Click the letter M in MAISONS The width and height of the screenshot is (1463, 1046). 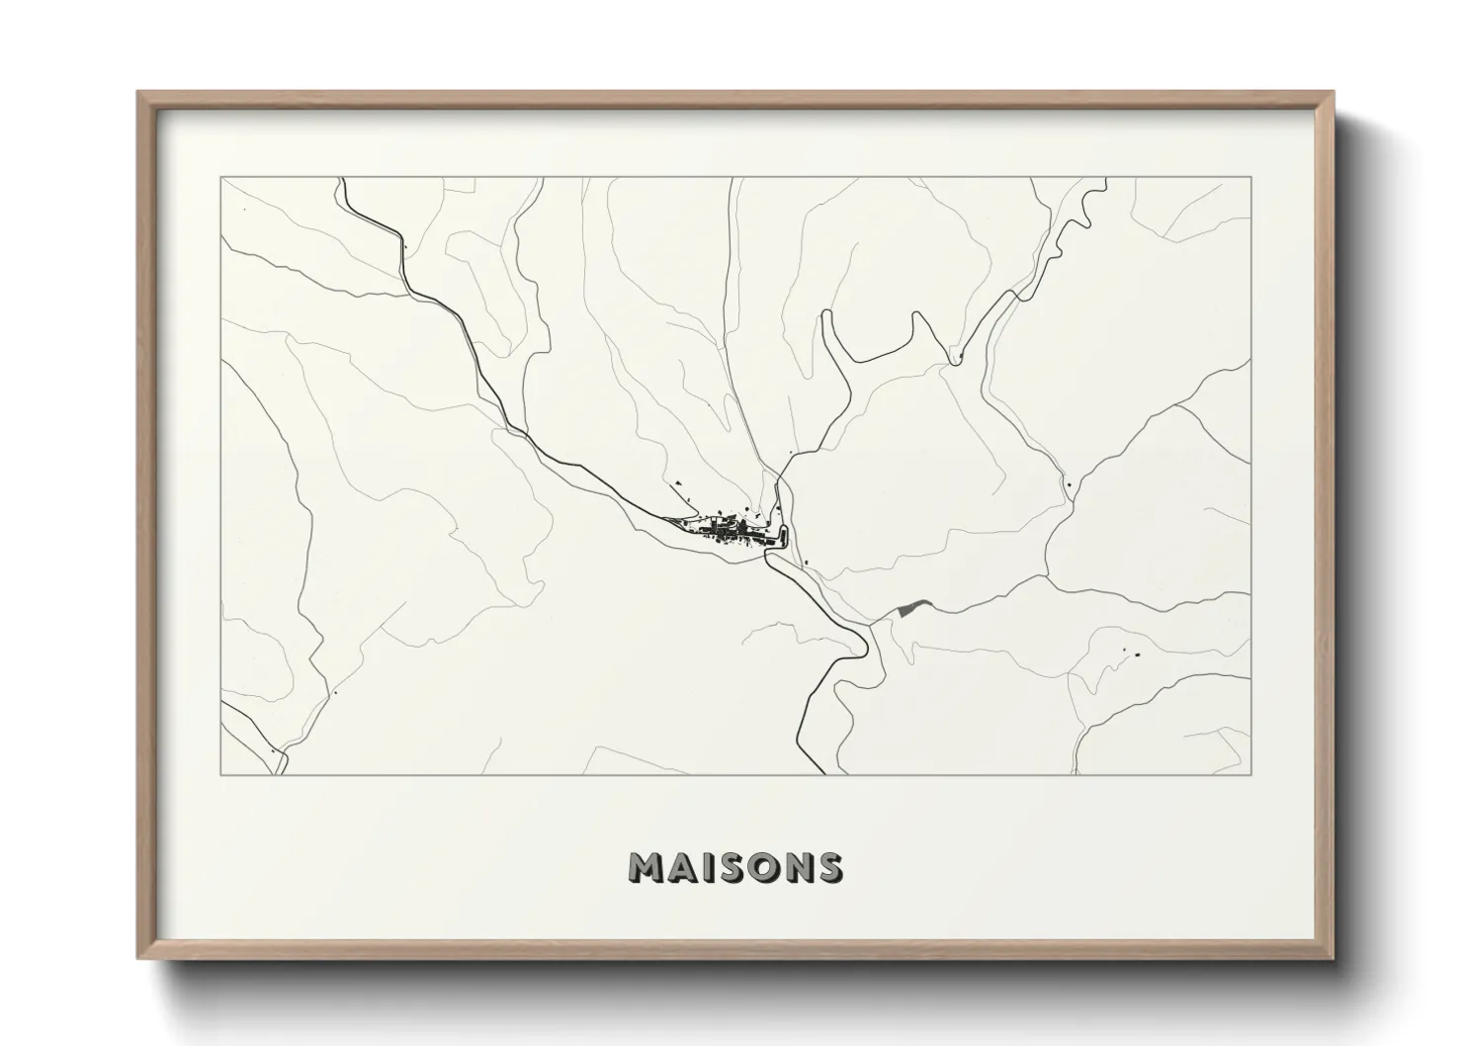click(647, 867)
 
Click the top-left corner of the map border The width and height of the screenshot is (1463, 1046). click(221, 178)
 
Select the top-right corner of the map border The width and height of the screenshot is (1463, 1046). click(1251, 178)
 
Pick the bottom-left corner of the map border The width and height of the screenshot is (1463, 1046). click(221, 774)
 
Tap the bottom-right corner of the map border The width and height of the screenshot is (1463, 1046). click(1251, 774)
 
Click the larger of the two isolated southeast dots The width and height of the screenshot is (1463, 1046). click(1136, 654)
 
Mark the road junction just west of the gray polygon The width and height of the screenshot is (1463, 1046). click(874, 623)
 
